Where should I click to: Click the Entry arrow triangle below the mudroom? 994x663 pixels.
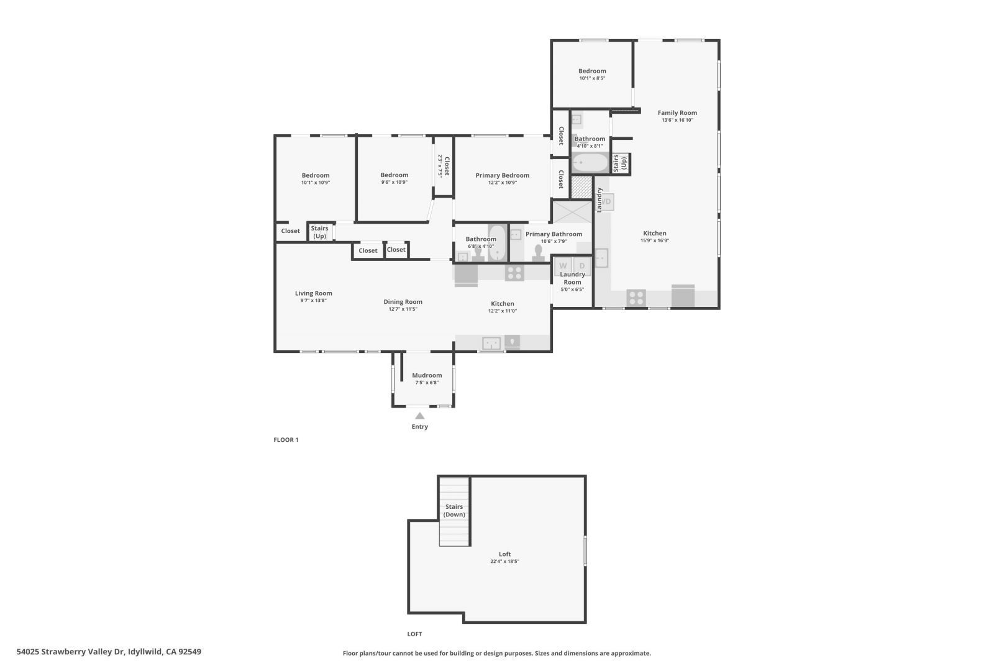pos(420,416)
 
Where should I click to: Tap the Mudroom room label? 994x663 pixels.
pos(427,375)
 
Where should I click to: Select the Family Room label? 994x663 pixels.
pos(677,113)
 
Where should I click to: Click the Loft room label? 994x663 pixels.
pos(504,554)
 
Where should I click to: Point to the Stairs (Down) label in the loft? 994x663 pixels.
pos(454,511)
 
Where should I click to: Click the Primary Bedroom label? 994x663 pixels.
pos(502,176)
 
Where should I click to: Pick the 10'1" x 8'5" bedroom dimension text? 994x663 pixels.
pos(592,78)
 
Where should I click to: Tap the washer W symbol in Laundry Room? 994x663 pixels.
pos(563,266)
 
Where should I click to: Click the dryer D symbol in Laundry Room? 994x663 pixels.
pos(582,266)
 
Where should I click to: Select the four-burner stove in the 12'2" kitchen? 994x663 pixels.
pos(514,273)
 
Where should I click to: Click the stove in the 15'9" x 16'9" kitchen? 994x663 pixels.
pos(636,298)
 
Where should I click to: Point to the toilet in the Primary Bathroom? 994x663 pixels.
pos(538,252)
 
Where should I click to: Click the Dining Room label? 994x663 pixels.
pos(403,302)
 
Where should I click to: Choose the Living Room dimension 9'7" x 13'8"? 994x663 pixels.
pos(313,301)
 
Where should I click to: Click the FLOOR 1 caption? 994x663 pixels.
pos(286,440)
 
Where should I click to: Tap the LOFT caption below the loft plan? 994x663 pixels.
pos(414,634)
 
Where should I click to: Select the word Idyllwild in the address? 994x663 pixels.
pos(145,652)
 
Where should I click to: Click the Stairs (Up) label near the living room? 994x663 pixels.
pos(319,232)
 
